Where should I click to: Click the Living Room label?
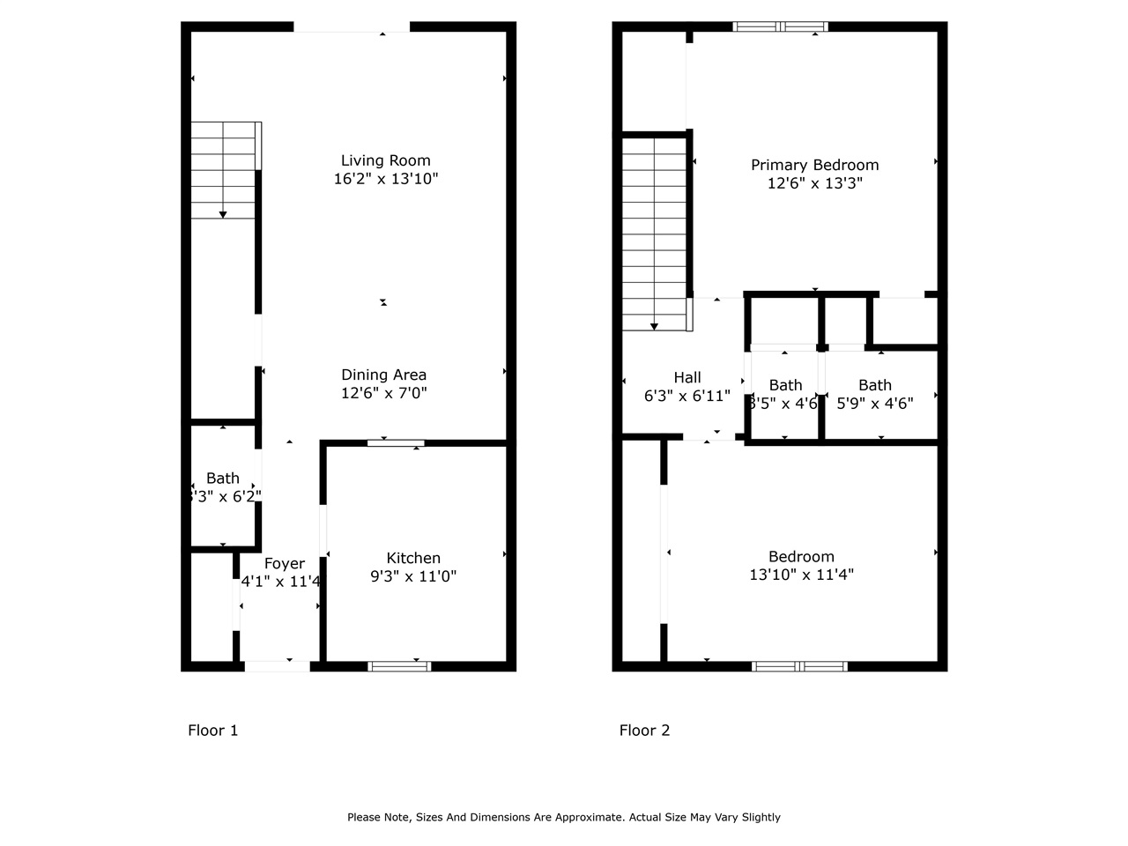pos(385,160)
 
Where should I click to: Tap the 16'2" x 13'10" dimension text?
pos(385,179)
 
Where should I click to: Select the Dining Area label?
pos(383,375)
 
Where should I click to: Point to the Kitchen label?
pos(413,558)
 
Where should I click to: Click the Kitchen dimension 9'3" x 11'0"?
pos(413,576)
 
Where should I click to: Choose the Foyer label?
pos(284,564)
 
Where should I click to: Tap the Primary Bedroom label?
pos(814,165)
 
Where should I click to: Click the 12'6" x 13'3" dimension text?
pos(814,183)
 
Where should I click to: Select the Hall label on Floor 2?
pos(687,378)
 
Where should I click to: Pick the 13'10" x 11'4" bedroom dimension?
pos(801,575)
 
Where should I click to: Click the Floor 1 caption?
pos(212,731)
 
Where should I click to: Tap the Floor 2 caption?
pos(644,731)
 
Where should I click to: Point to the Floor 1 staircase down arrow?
pos(223,213)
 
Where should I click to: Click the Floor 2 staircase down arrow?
pos(654,326)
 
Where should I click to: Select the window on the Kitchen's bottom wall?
pos(399,665)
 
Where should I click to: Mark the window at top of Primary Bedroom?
pos(781,26)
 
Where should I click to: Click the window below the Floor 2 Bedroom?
pos(799,666)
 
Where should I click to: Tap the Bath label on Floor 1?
pos(222,479)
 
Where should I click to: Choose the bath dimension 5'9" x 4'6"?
pos(874,404)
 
